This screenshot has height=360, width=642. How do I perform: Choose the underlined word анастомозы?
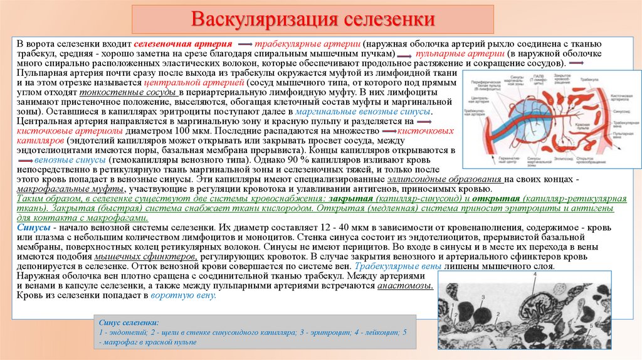click(x=404, y=285)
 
